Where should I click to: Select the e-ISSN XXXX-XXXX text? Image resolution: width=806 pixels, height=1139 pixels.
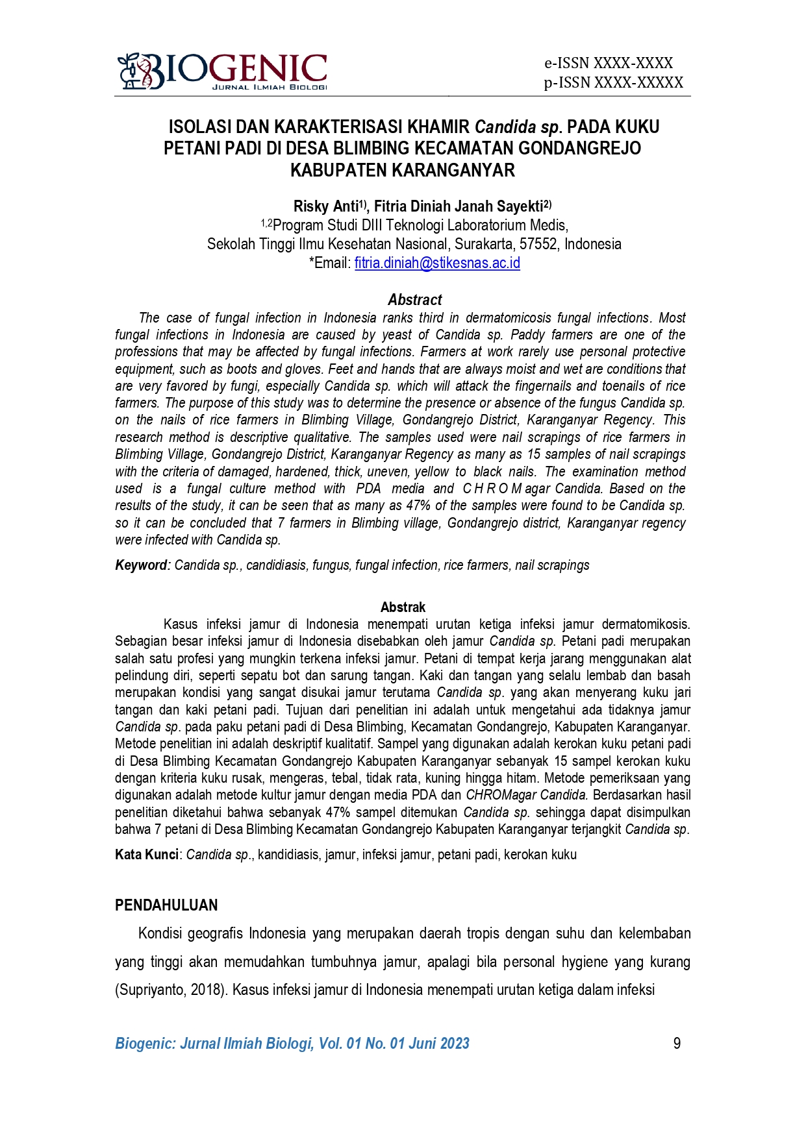coord(608,63)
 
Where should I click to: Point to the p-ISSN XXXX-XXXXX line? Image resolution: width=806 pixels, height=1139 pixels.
coord(613,82)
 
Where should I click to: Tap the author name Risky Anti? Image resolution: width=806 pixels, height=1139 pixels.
coord(325,207)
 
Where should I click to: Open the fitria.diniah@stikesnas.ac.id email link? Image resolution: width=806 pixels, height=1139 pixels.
coord(436,263)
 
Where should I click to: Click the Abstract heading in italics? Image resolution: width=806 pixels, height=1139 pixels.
coord(414,300)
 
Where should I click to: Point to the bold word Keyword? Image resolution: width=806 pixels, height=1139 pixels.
coord(141,565)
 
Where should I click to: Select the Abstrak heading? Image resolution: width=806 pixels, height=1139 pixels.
coord(403,607)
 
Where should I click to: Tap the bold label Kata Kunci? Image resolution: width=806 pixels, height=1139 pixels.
coord(146,855)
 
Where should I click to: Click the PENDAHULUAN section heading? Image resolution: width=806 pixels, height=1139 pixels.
coord(166,905)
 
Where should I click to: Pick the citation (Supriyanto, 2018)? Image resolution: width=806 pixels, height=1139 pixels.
coord(171,990)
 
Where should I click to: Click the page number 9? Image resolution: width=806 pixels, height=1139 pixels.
coord(677,1044)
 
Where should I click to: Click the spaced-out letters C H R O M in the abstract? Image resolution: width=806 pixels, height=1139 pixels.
coord(492,489)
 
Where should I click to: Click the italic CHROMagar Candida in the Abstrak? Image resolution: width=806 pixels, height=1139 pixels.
coord(527,795)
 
